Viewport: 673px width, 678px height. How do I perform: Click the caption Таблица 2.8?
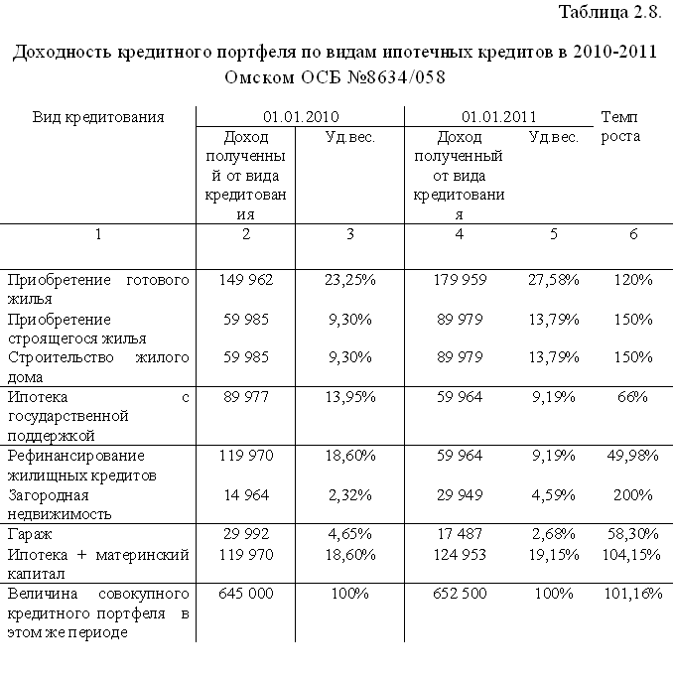point(609,13)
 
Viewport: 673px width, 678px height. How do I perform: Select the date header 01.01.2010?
point(301,116)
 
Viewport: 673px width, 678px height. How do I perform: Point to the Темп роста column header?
point(620,126)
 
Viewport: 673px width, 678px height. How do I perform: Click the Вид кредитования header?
point(98,116)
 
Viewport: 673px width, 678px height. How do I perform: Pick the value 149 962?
point(246,280)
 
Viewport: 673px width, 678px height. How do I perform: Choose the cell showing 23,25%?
point(350,280)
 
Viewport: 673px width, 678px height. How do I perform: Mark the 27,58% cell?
point(555,280)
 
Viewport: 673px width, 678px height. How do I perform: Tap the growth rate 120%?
point(632,280)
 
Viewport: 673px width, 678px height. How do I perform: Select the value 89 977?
point(246,397)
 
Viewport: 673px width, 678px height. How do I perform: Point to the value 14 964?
point(246,494)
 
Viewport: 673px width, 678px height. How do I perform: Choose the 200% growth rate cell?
point(632,494)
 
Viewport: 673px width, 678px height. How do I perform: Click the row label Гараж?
point(30,534)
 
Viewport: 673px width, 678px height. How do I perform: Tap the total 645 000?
point(246,593)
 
